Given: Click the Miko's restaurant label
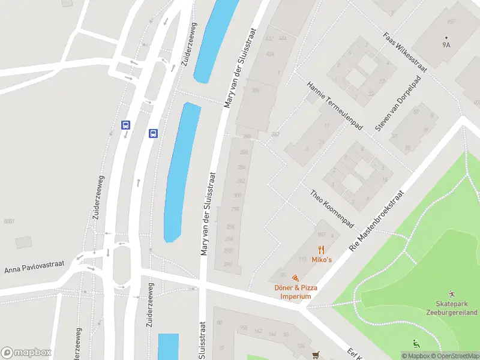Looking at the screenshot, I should tap(322, 259).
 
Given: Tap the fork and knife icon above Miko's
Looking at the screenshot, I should tap(322, 250).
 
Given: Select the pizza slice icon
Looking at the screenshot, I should tap(295, 278).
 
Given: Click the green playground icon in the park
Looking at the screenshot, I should tap(416, 343).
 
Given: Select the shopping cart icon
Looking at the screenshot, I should tap(316, 355).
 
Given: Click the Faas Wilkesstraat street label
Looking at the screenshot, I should tap(405, 52).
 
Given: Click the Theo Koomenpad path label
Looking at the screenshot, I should tap(332, 209).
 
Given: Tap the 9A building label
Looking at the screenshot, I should tap(446, 44).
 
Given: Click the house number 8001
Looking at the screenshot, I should tap(8, 221).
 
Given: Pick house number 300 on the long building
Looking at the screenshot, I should tap(237, 196).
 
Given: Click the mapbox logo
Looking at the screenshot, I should tap(26, 352).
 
